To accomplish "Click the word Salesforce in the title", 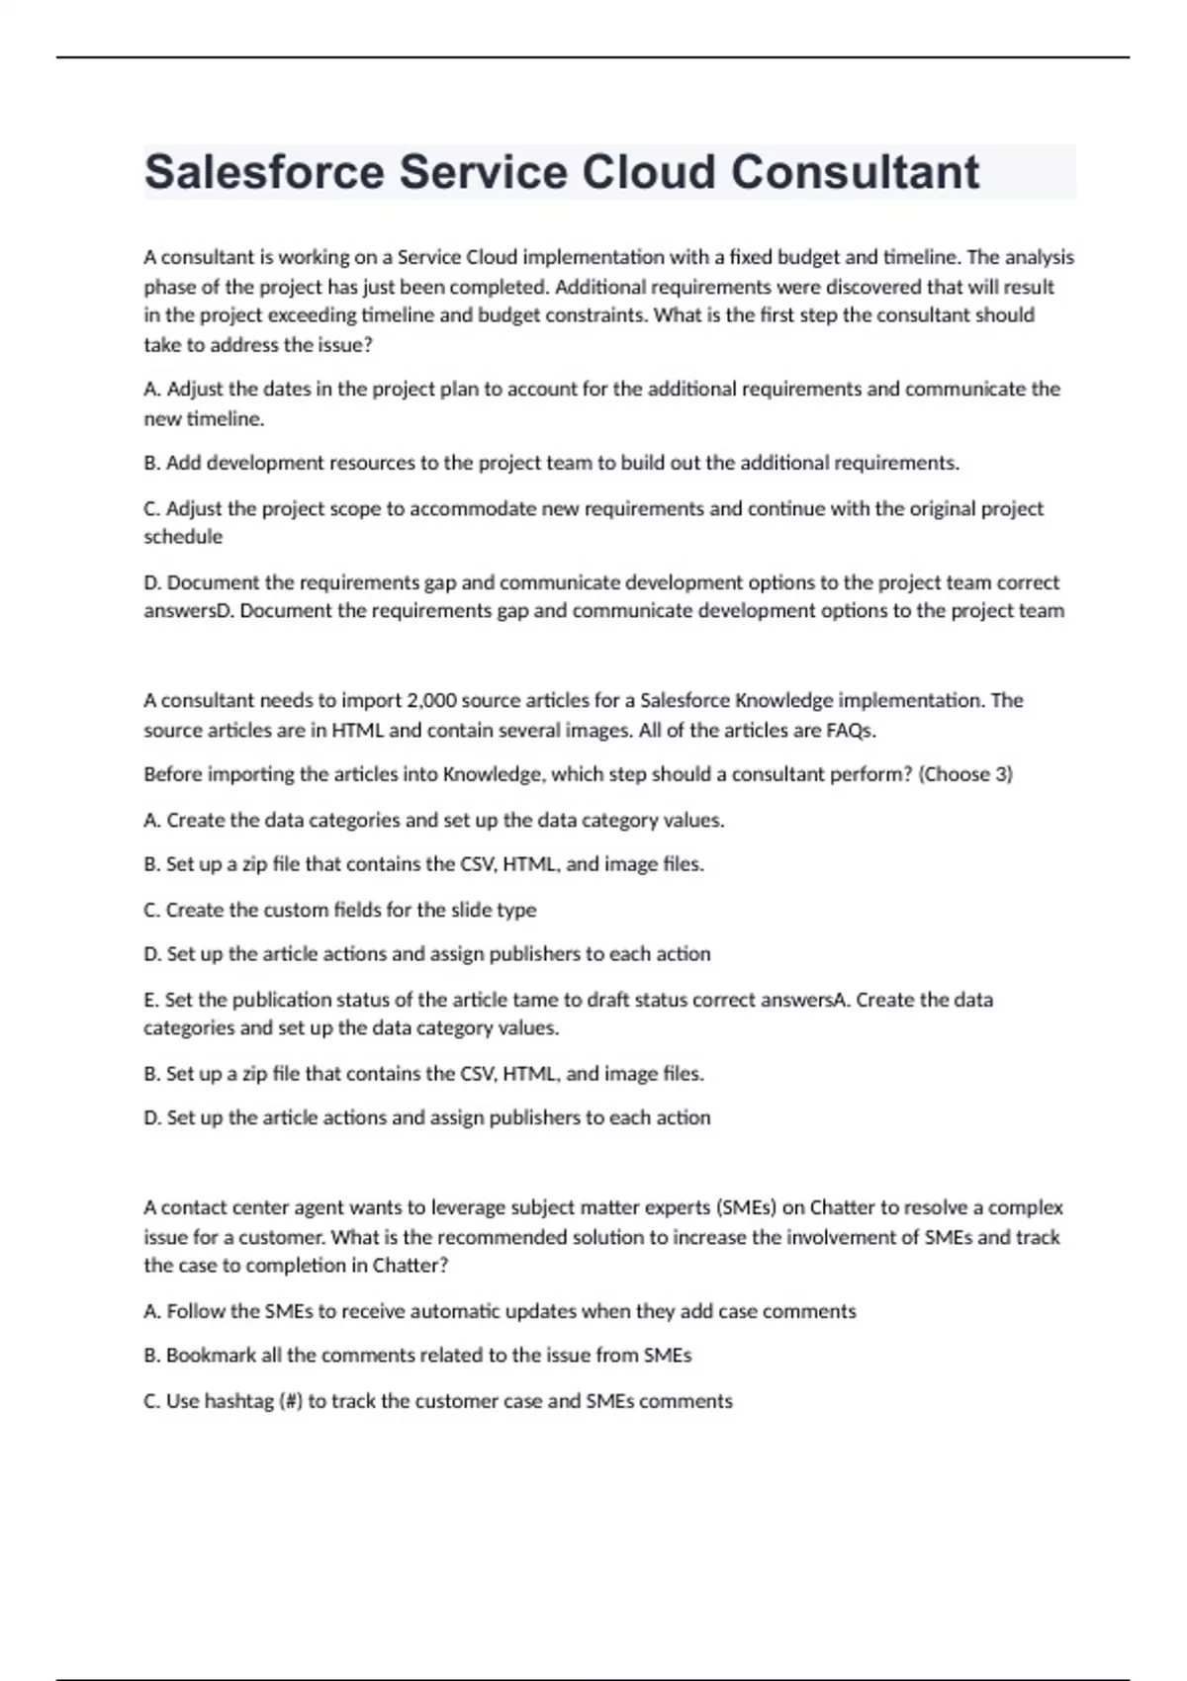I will tap(264, 173).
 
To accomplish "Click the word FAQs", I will tap(851, 731).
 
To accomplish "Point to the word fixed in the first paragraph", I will tap(751, 257).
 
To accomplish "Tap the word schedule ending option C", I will tap(183, 537).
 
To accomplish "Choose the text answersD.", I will tap(189, 611).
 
